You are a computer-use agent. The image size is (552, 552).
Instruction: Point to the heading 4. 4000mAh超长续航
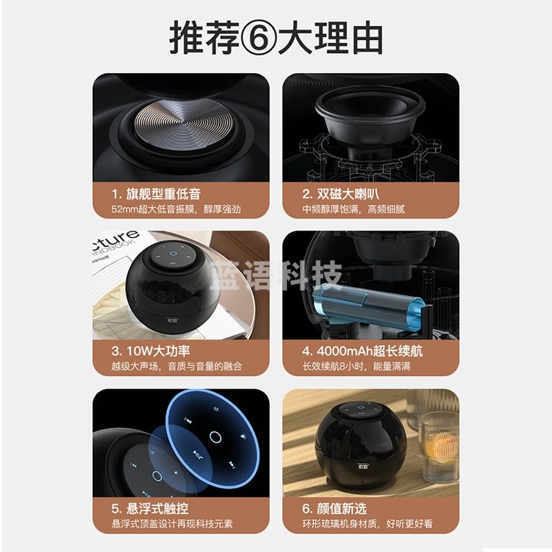click(362, 351)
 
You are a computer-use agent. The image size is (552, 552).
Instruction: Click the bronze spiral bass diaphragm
click(179, 124)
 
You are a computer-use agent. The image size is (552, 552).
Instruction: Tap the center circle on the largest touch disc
click(215, 437)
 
